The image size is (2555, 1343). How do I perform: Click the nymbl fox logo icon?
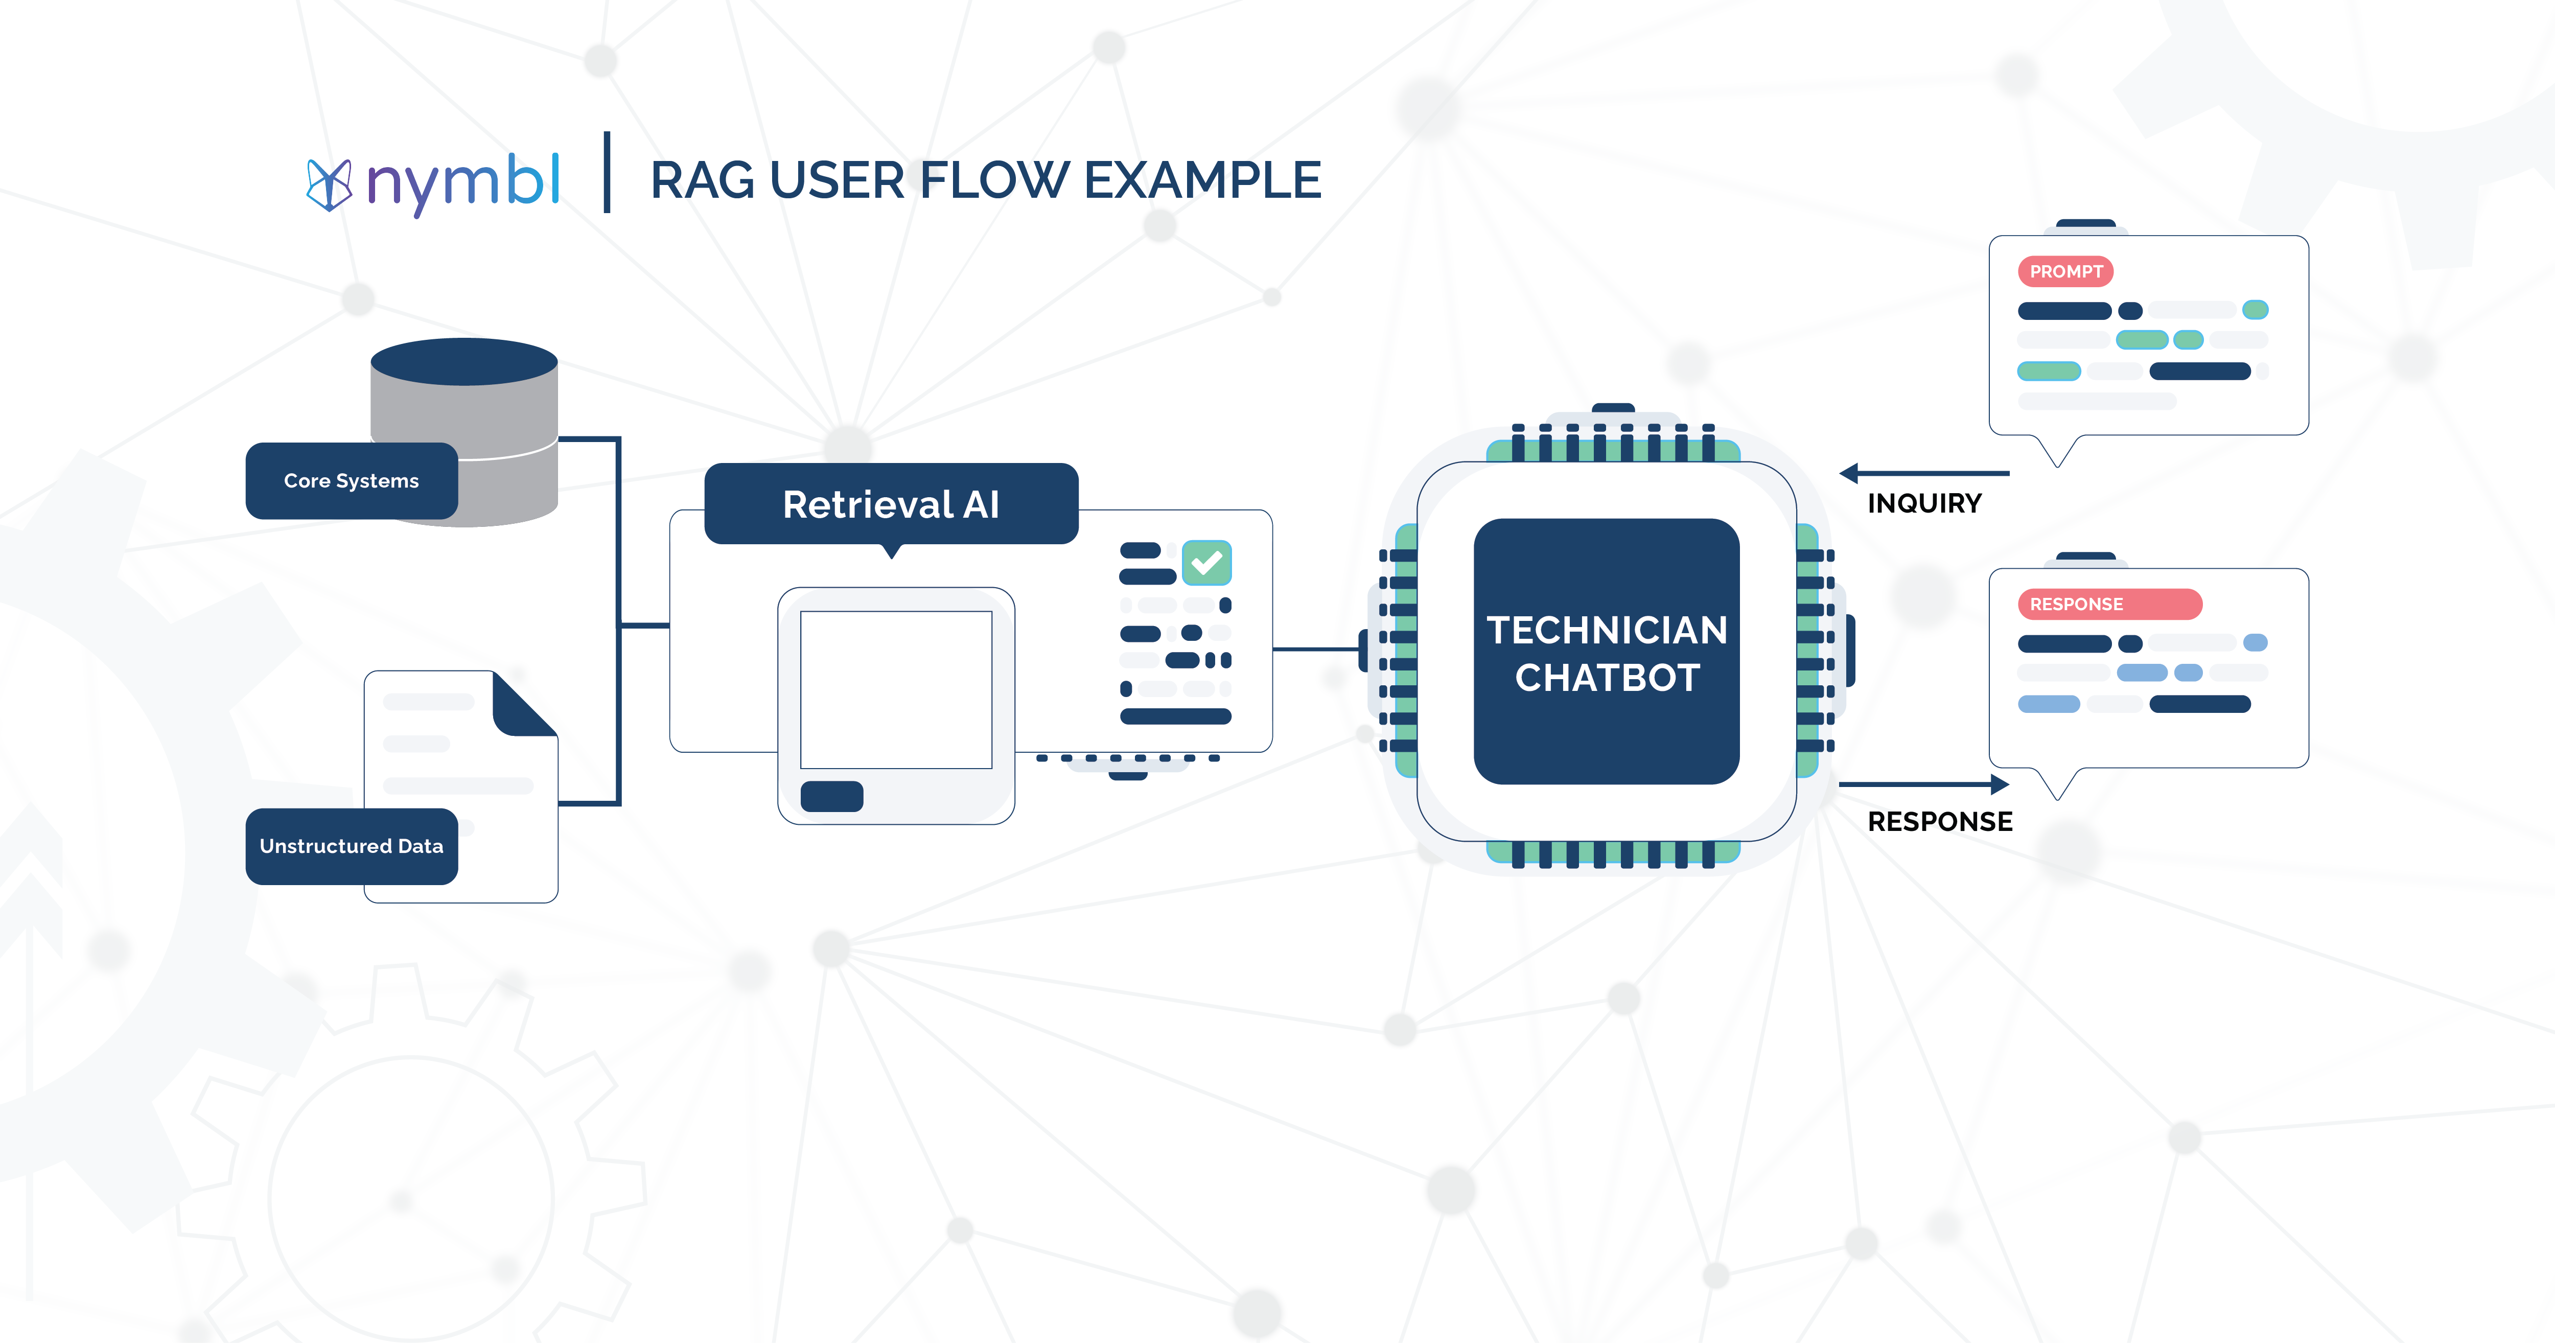pos(328,184)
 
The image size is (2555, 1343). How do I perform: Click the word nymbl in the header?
pos(463,182)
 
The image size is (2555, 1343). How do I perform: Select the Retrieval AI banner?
pos(891,504)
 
